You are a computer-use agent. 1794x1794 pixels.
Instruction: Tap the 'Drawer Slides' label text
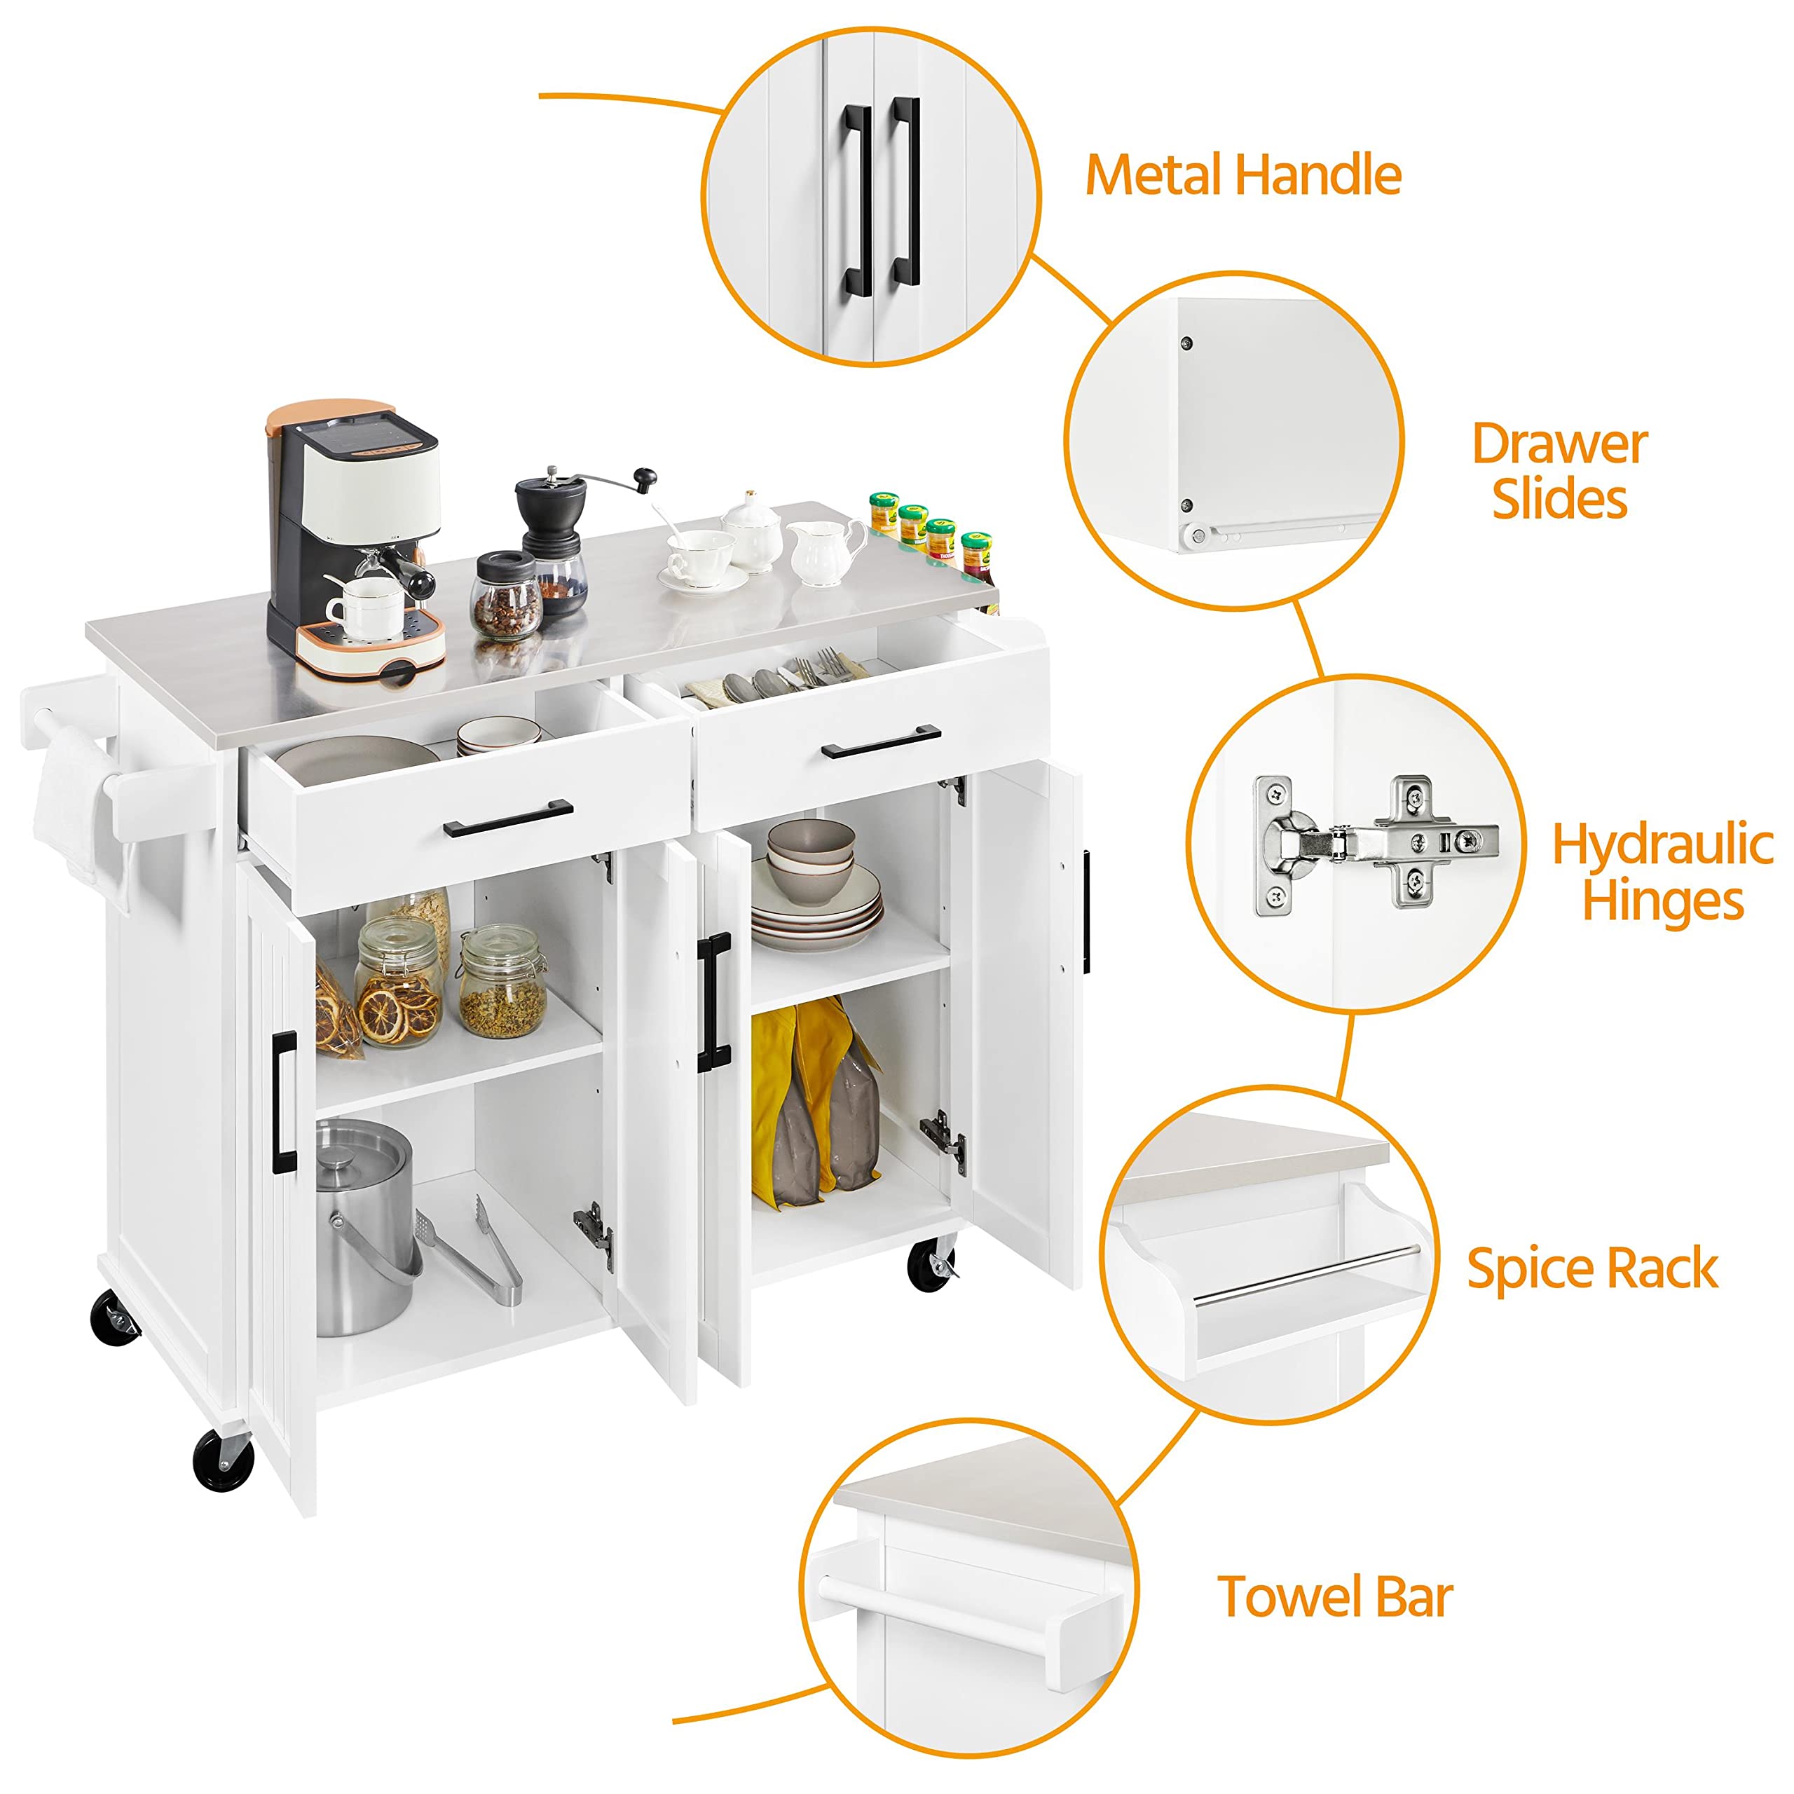tap(1559, 471)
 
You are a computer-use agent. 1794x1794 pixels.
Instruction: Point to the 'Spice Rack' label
tap(1591, 1268)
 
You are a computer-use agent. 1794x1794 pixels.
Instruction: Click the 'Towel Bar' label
tap(1334, 1596)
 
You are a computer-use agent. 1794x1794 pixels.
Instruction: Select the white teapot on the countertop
tap(752, 534)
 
